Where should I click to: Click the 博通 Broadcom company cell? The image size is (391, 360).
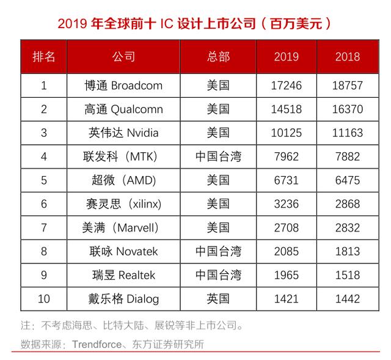pyautogui.click(x=124, y=86)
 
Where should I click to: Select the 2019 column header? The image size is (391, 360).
pyautogui.click(x=286, y=57)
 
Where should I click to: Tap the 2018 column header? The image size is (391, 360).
pyautogui.click(x=348, y=57)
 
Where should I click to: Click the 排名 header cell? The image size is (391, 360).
pyautogui.click(x=43, y=57)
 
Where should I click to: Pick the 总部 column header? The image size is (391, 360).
pyautogui.click(x=218, y=57)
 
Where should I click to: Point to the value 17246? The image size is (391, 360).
pyautogui.click(x=286, y=86)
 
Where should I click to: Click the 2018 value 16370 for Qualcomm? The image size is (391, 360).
pyautogui.click(x=348, y=109)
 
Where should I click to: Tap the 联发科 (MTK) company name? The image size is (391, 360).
pyautogui.click(x=124, y=156)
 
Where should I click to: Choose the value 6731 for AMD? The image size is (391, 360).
pyautogui.click(x=286, y=180)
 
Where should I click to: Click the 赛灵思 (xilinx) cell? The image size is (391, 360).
pyautogui.click(x=124, y=204)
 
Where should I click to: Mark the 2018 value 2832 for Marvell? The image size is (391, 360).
pyautogui.click(x=348, y=228)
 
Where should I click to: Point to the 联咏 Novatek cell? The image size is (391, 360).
pyautogui.click(x=124, y=251)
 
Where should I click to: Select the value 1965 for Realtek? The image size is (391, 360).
pyautogui.click(x=286, y=275)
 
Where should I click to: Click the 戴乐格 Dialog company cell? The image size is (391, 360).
pyautogui.click(x=124, y=299)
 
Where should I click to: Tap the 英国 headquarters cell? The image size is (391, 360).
pyautogui.click(x=218, y=299)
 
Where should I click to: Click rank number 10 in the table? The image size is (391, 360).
pyautogui.click(x=43, y=299)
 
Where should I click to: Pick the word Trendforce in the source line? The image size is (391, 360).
pyautogui.click(x=96, y=345)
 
